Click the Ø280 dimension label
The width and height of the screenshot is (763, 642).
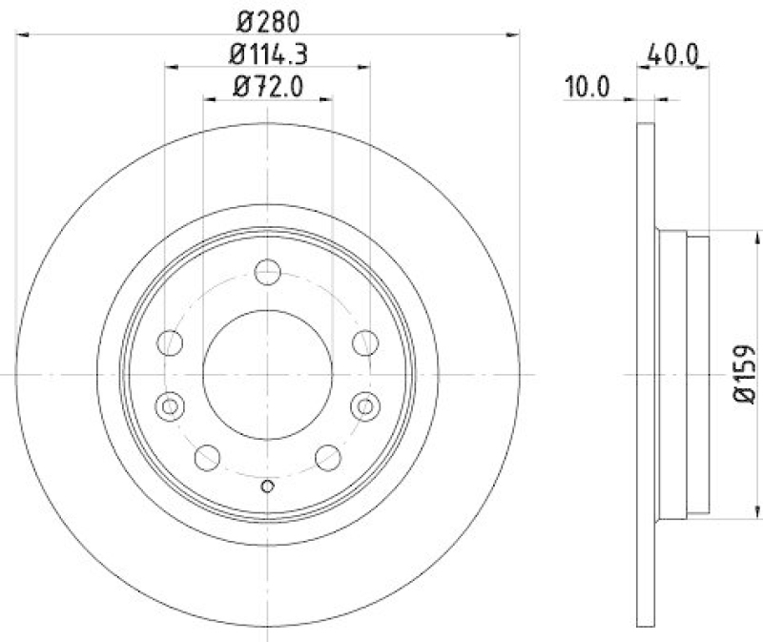[267, 19]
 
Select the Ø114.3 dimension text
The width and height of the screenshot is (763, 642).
[267, 53]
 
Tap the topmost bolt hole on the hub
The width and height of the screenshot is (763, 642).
[267, 274]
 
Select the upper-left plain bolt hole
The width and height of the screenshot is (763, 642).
[170, 342]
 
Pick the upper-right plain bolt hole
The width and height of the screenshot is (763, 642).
[364, 342]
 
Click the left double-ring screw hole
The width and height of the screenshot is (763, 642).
[170, 407]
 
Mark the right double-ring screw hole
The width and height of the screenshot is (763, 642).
[364, 407]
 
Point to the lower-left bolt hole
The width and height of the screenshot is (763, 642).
[207, 458]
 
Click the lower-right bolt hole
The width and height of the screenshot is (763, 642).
[327, 458]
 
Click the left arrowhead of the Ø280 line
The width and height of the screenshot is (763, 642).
[22, 35]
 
